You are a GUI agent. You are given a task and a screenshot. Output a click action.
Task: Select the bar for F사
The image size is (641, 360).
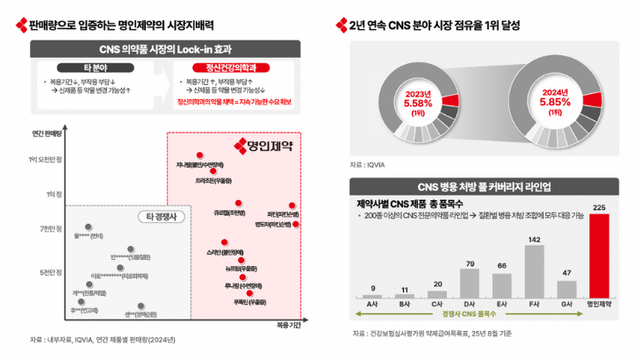[x=532, y=271]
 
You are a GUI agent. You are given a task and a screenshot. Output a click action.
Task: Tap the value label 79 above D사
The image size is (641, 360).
[x=470, y=263]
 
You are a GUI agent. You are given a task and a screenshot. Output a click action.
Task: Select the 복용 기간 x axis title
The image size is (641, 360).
[x=288, y=324]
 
